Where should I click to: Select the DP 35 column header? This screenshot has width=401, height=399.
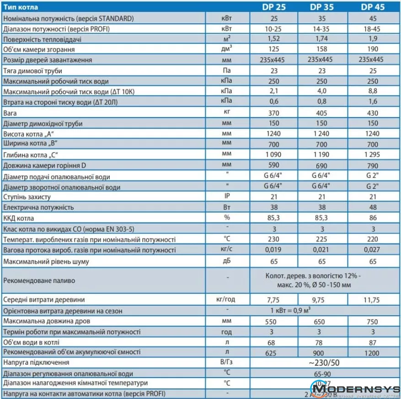(323, 7)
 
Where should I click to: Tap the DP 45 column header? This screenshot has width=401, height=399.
(372, 7)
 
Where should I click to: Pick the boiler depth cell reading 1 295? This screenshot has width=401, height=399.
(372, 154)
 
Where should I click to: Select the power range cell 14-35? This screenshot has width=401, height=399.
(323, 29)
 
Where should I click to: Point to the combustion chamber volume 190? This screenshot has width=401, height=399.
(372, 49)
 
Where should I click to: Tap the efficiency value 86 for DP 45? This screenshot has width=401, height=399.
(372, 218)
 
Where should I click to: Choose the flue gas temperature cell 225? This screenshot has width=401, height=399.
(323, 239)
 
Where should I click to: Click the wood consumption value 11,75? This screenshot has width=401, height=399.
(372, 300)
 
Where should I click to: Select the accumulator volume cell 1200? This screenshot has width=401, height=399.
(372, 352)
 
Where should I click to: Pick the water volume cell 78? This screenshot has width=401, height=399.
(323, 342)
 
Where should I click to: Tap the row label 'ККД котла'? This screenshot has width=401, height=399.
(18, 218)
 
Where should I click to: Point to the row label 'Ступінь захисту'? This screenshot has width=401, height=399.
(27, 197)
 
